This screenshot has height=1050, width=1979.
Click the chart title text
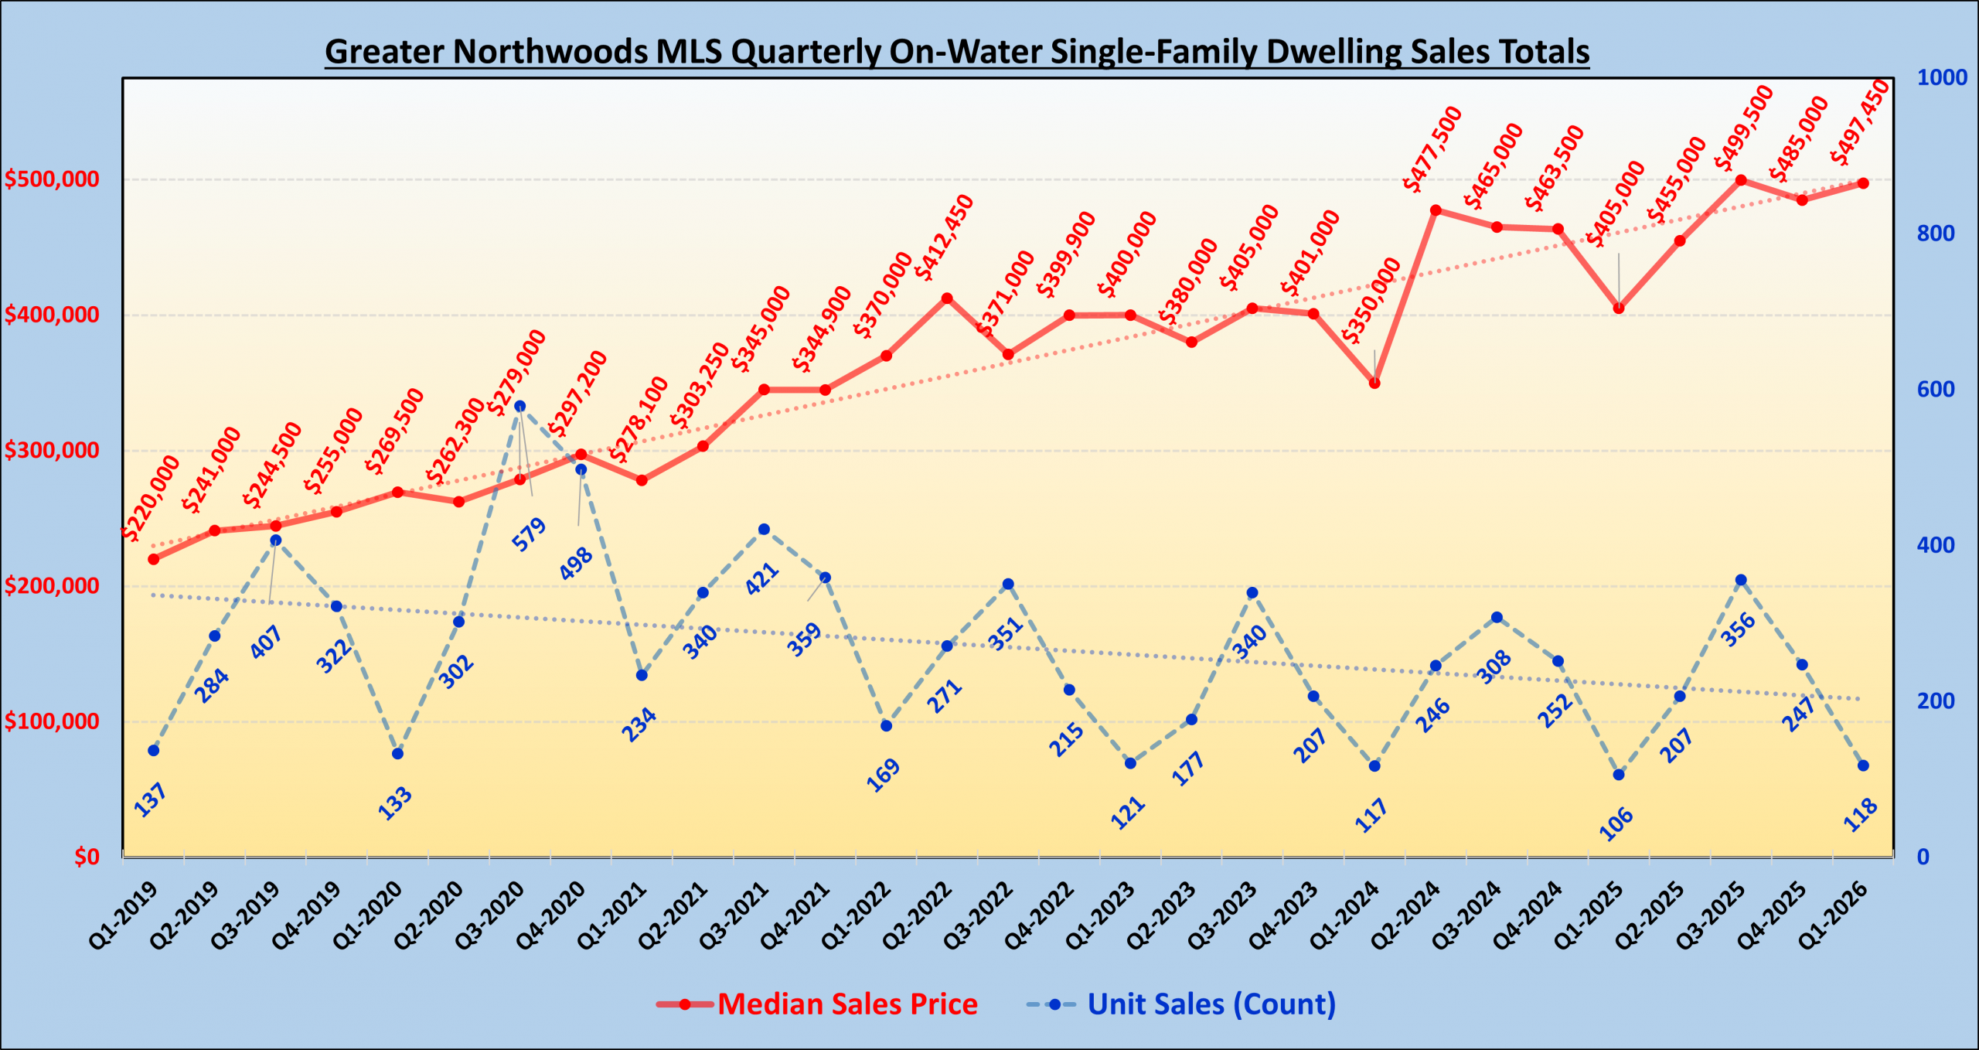tap(956, 52)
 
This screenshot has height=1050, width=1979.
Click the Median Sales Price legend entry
tap(846, 1004)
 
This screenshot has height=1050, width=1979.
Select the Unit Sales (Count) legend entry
tap(1211, 1004)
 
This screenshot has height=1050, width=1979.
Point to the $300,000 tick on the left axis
tap(52, 450)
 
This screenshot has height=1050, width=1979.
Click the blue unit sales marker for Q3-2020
tap(520, 406)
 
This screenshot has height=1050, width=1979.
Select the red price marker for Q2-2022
tap(947, 298)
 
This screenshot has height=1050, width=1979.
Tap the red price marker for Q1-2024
tap(1374, 383)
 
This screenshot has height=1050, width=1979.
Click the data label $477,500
tap(1432, 149)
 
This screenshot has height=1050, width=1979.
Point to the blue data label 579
tap(530, 534)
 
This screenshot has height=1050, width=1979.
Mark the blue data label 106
tap(1616, 823)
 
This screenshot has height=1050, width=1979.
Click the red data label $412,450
tap(944, 237)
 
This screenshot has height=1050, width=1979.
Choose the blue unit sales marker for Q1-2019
tap(153, 750)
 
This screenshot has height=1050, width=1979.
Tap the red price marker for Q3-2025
tap(1741, 180)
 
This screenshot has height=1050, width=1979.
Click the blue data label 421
tap(762, 579)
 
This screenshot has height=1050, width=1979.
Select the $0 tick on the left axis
tap(87, 857)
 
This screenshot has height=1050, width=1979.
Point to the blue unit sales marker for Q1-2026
tap(1863, 765)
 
